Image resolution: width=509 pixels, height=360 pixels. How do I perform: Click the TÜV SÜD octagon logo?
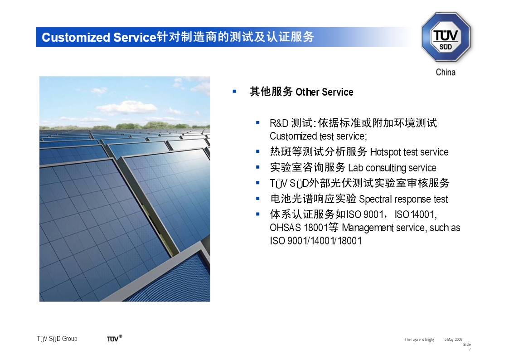tap(446, 37)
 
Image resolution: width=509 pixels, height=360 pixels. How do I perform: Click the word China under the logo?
tap(446, 72)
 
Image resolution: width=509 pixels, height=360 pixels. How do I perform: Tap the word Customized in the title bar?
tap(76, 37)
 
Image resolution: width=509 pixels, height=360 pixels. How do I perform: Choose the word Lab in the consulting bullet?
tap(355, 167)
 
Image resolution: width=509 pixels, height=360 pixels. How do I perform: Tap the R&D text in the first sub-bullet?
tap(279, 123)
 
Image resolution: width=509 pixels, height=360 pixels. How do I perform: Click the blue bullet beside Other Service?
tap(234, 92)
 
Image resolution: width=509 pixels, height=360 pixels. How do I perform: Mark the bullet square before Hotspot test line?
tap(258, 151)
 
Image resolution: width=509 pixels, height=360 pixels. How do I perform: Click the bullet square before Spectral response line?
tap(258, 198)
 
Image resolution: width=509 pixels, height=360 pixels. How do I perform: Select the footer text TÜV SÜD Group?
tap(57, 339)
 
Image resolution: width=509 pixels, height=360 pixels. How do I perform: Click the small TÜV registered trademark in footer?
tap(114, 338)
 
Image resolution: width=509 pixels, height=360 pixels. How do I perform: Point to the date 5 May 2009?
tap(453, 340)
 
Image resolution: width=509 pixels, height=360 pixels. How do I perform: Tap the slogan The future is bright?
tap(419, 340)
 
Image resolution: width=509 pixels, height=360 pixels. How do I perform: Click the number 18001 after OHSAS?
tap(316, 228)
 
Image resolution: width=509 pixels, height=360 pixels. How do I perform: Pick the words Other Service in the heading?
tap(324, 92)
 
